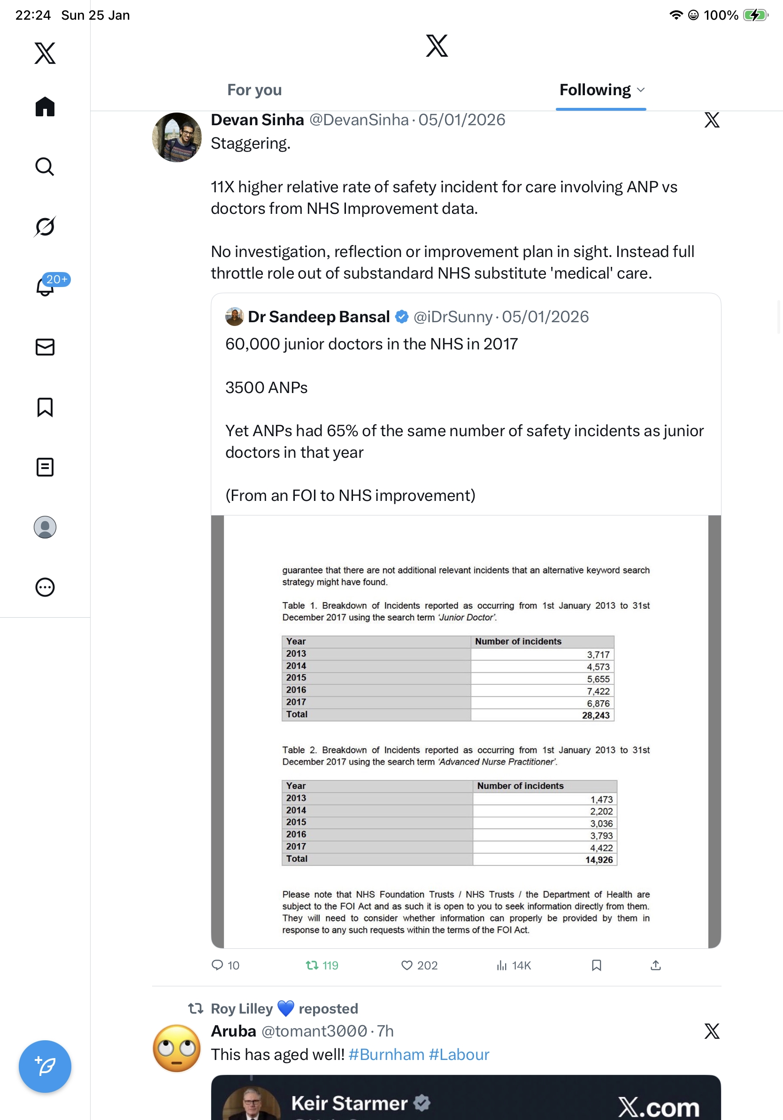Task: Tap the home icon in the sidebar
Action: (x=45, y=106)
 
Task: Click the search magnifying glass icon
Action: (x=45, y=166)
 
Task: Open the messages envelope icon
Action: (x=45, y=347)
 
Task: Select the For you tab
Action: (x=254, y=90)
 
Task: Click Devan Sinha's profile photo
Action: (x=177, y=137)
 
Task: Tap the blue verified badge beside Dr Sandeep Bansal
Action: (x=401, y=317)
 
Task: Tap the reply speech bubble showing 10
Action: (x=217, y=965)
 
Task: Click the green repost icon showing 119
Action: (x=312, y=965)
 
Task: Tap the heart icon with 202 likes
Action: (x=407, y=965)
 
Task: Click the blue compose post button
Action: (x=45, y=1067)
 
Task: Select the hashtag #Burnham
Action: (x=386, y=1055)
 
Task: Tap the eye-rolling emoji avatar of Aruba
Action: (x=177, y=1048)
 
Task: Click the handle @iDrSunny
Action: (x=453, y=317)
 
